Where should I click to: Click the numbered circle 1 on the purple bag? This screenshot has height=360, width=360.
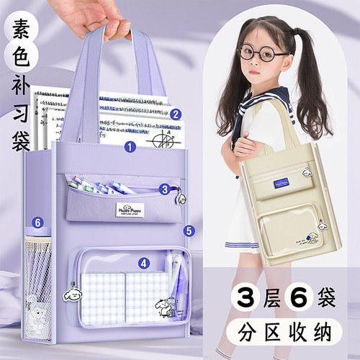point(130,147)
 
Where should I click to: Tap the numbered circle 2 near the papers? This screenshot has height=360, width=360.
point(175,113)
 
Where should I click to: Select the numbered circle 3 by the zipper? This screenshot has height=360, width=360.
point(164,189)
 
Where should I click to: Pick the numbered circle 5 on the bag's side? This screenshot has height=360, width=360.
point(189,231)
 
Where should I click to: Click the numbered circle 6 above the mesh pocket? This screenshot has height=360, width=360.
point(38,223)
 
